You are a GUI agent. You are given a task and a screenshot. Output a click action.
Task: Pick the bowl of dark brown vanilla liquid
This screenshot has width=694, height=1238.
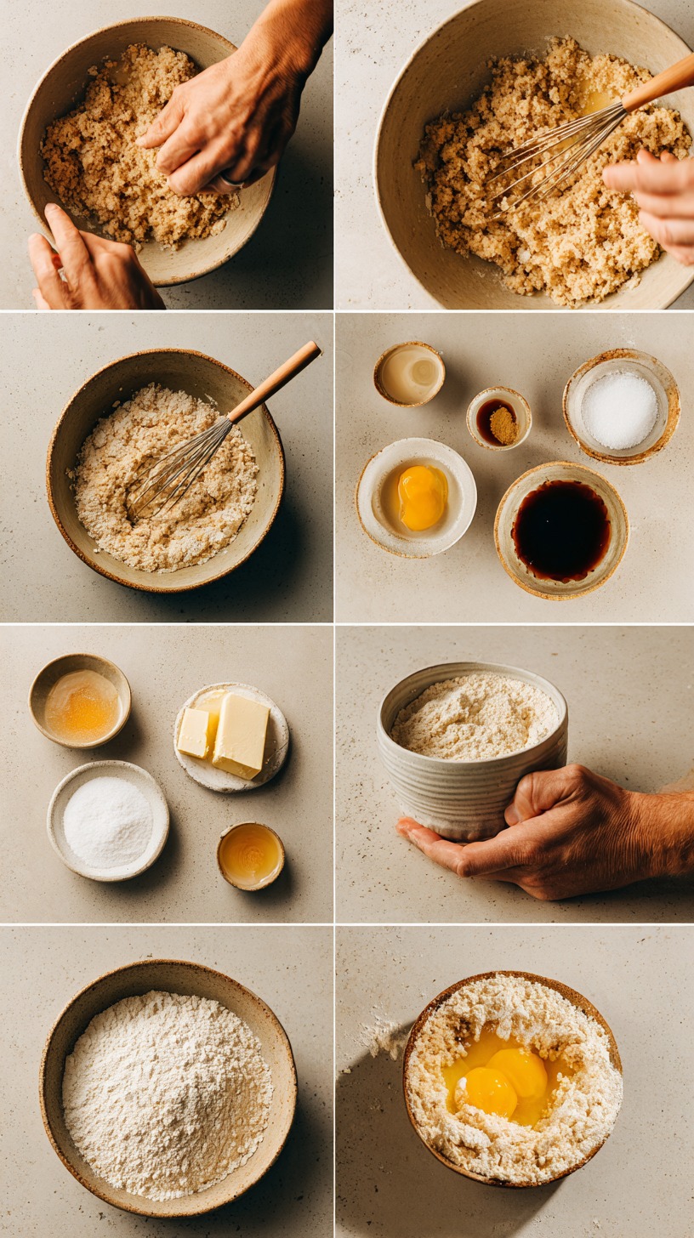560,530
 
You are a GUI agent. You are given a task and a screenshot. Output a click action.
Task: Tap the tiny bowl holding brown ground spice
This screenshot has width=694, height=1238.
498,417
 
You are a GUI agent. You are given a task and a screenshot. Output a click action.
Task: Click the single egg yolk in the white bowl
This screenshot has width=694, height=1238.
422,497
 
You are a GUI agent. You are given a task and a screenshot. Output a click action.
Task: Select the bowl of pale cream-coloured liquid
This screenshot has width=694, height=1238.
409,374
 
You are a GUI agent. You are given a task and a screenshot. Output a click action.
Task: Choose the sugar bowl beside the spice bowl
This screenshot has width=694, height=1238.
621,407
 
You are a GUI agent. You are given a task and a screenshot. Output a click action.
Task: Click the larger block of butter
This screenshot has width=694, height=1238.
242,733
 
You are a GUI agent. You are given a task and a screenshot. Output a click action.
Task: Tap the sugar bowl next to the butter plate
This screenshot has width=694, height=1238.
108,821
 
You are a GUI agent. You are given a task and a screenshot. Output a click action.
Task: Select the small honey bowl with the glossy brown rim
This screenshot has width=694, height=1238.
251,855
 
